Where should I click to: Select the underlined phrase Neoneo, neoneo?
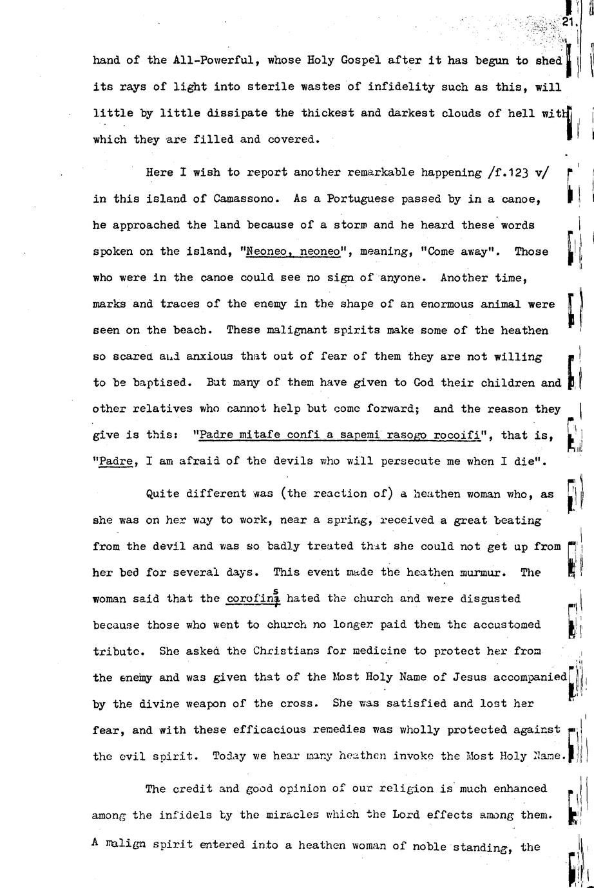click(x=293, y=252)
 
